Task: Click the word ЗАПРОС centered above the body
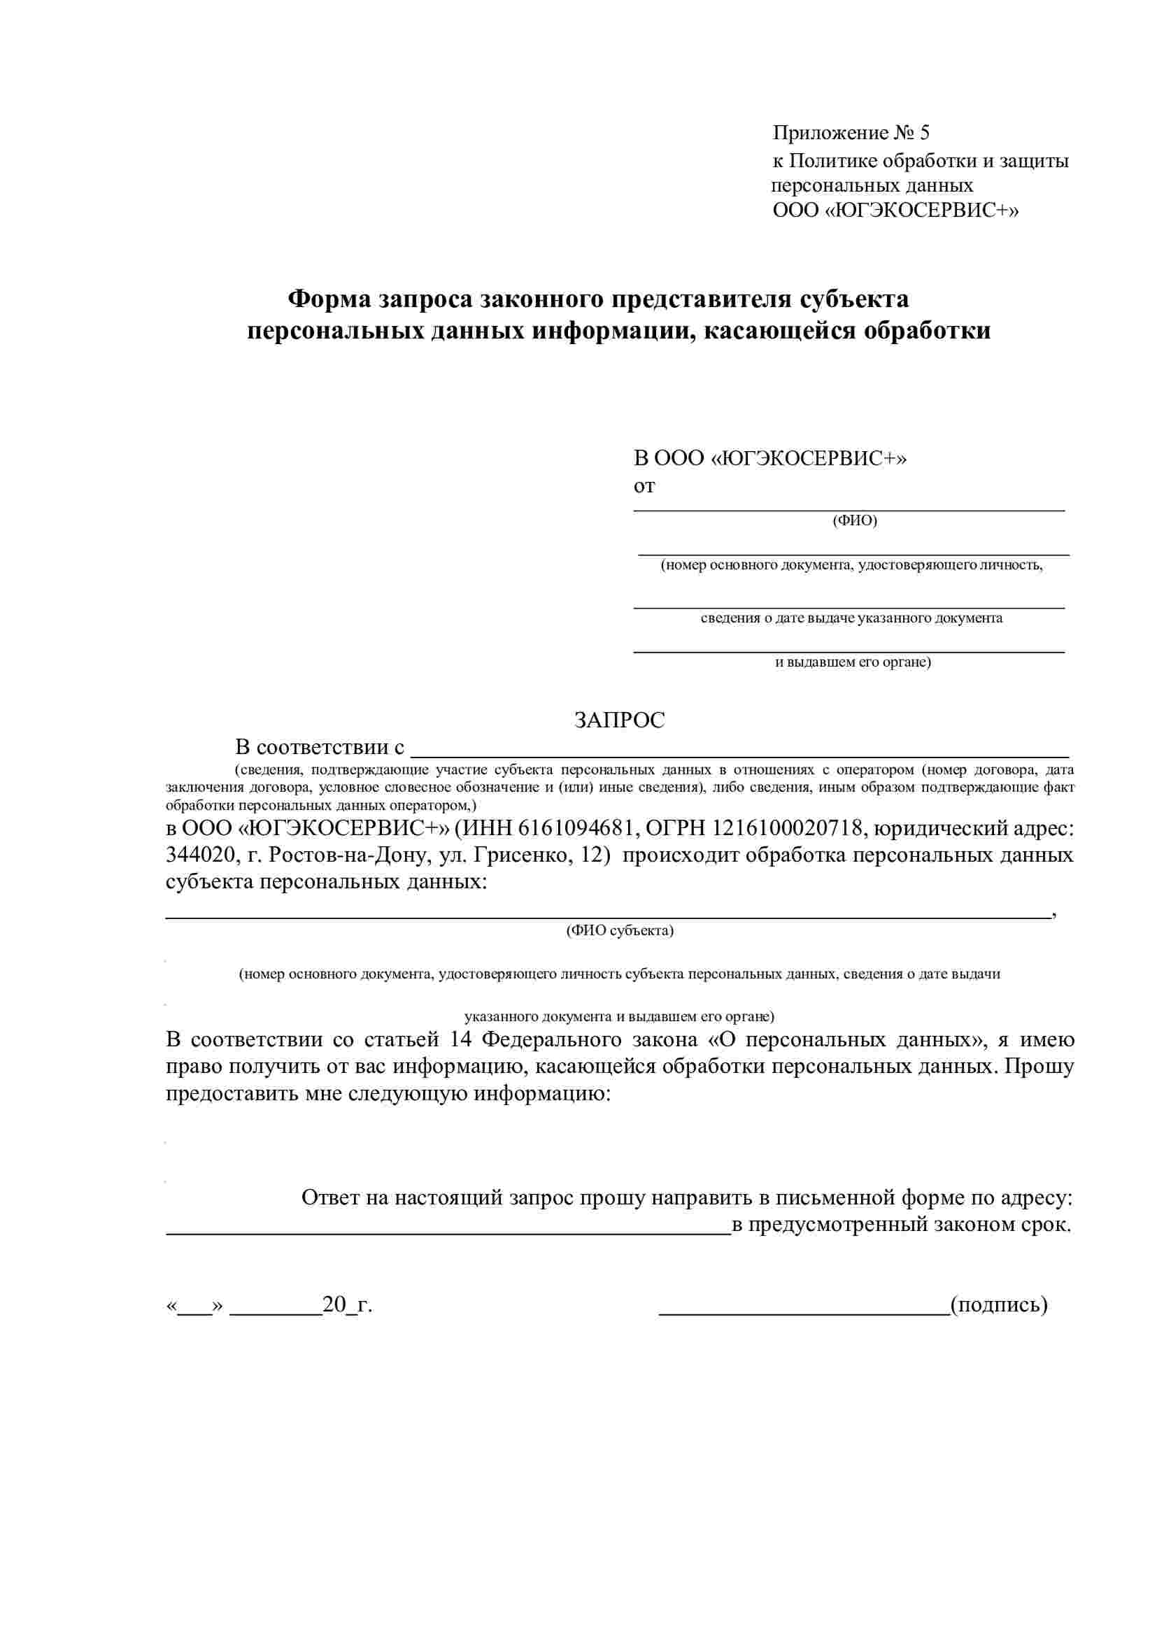click(619, 720)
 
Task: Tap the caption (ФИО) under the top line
click(854, 521)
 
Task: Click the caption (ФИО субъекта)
click(619, 930)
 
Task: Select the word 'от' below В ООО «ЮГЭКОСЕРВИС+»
click(644, 487)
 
